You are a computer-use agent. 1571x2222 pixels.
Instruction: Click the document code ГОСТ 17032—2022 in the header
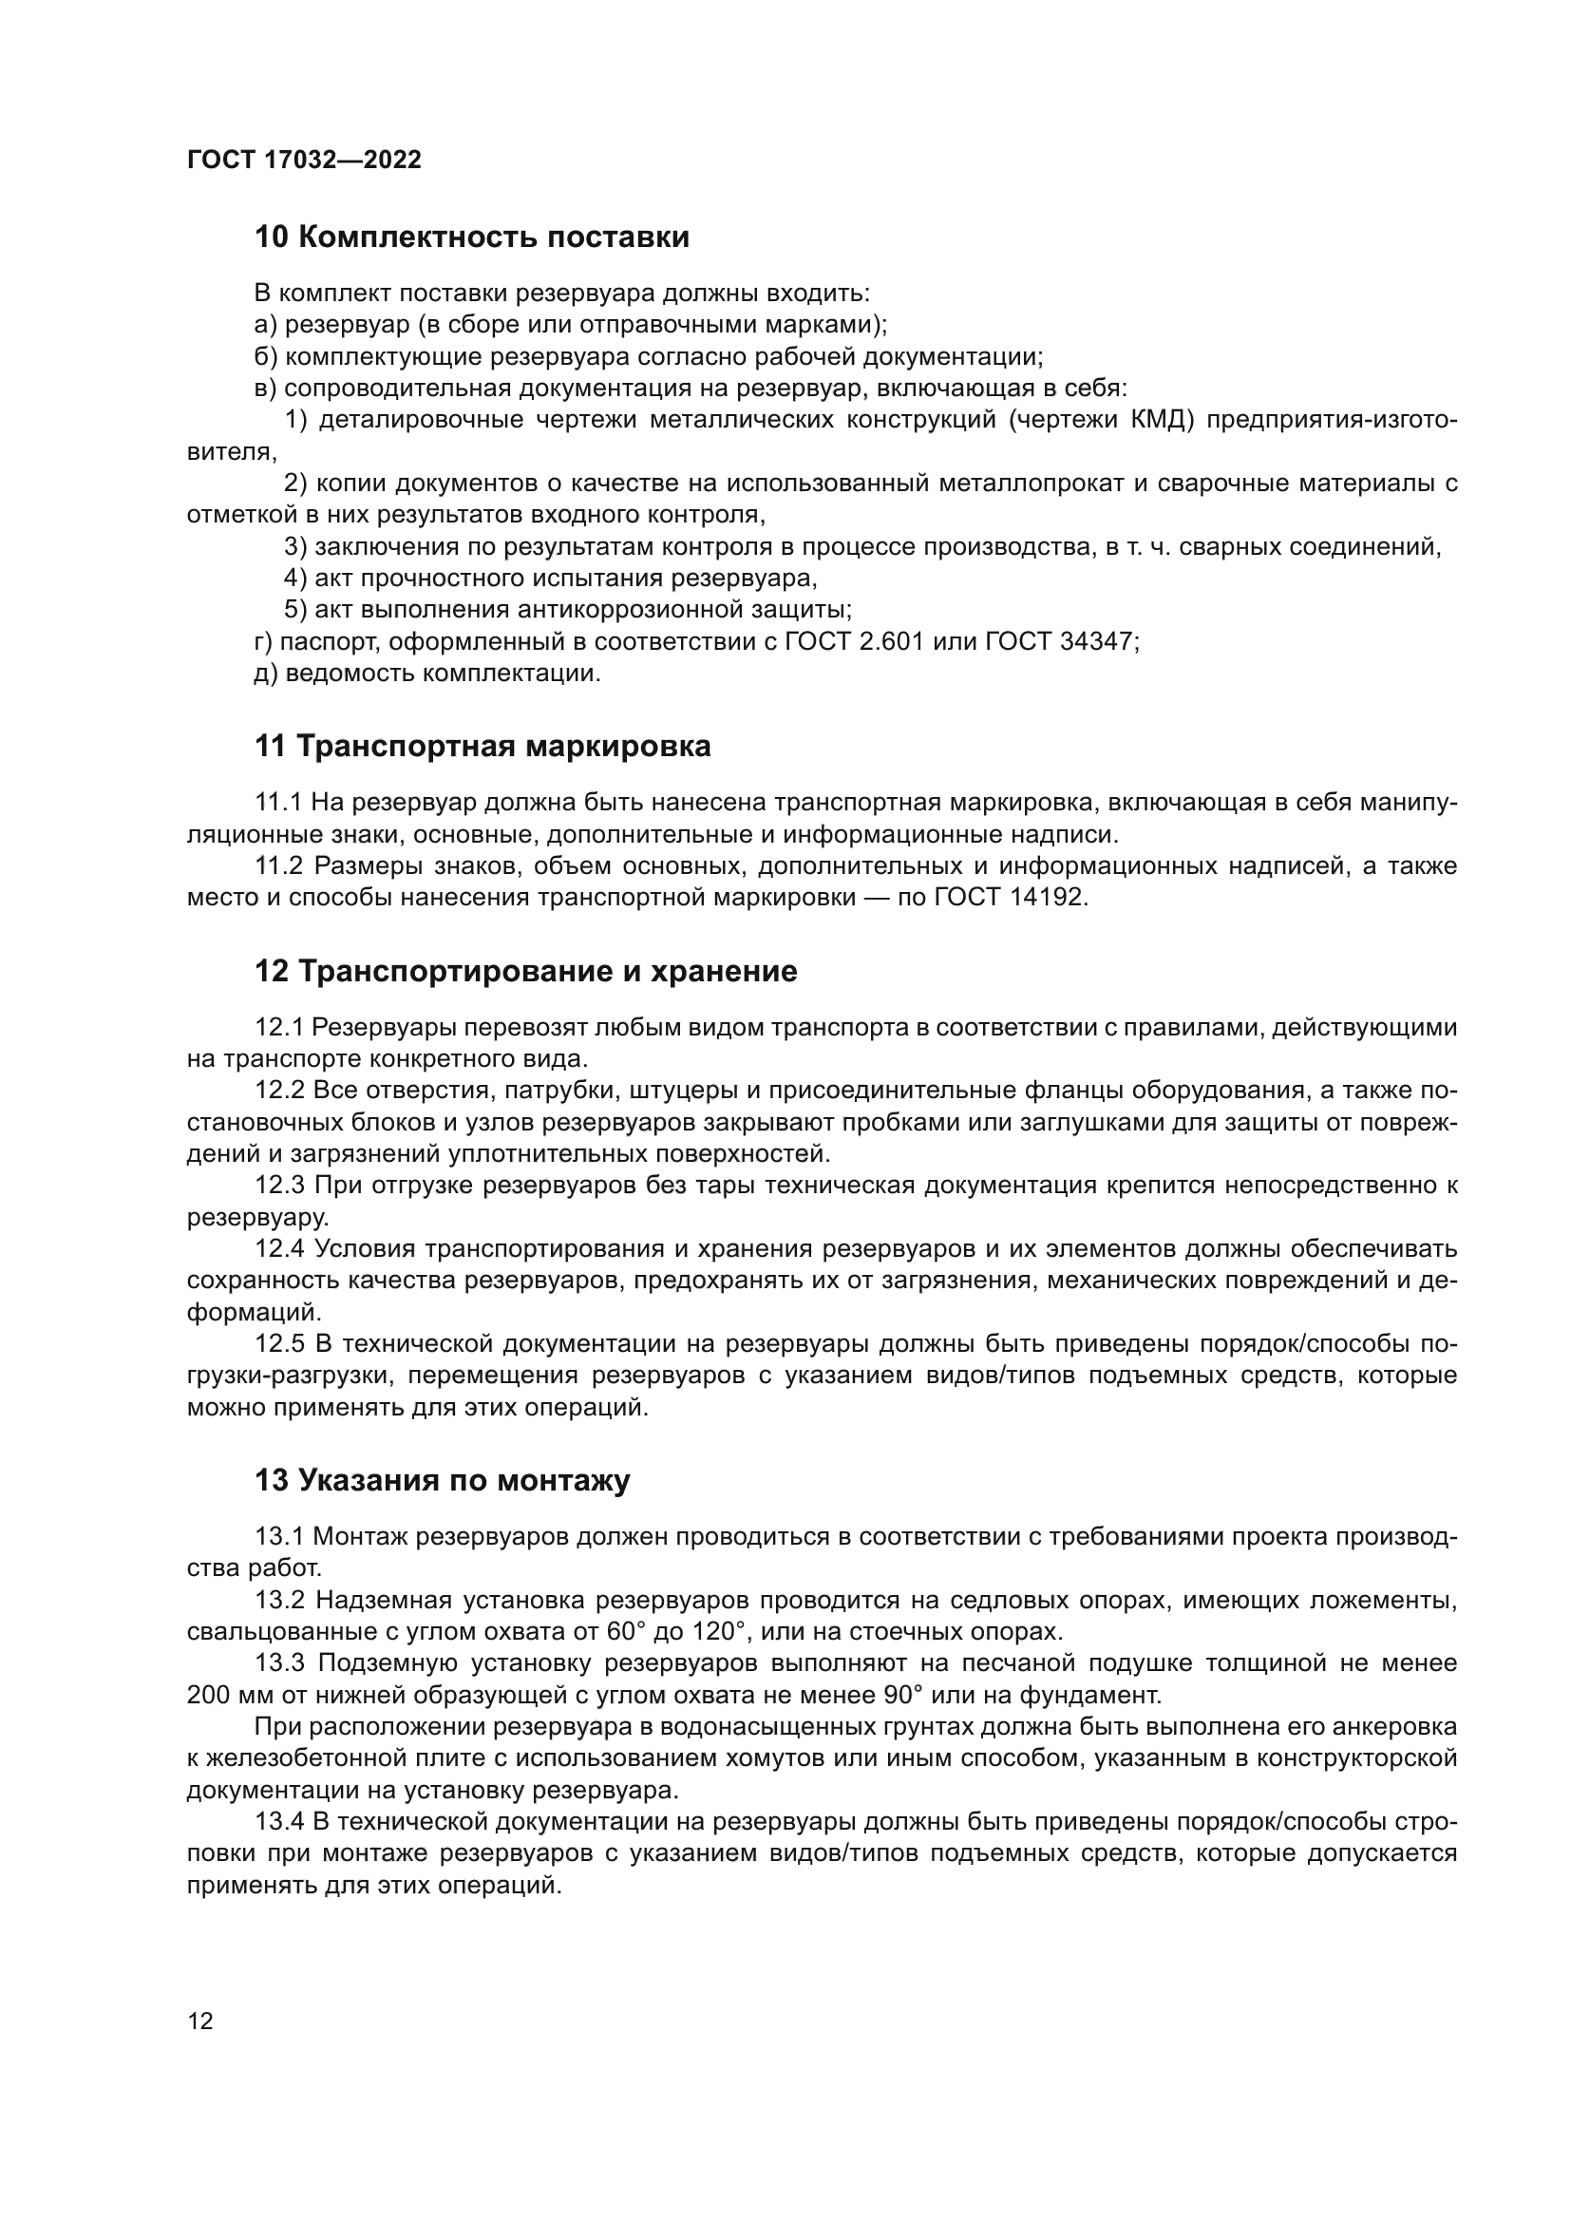(x=304, y=160)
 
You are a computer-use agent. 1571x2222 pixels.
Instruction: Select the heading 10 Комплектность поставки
(x=471, y=237)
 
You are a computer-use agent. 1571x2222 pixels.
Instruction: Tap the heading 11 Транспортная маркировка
(x=482, y=746)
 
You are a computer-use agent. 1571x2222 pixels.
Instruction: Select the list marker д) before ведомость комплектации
(x=265, y=673)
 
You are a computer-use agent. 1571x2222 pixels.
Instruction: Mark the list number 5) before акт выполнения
(x=295, y=609)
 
